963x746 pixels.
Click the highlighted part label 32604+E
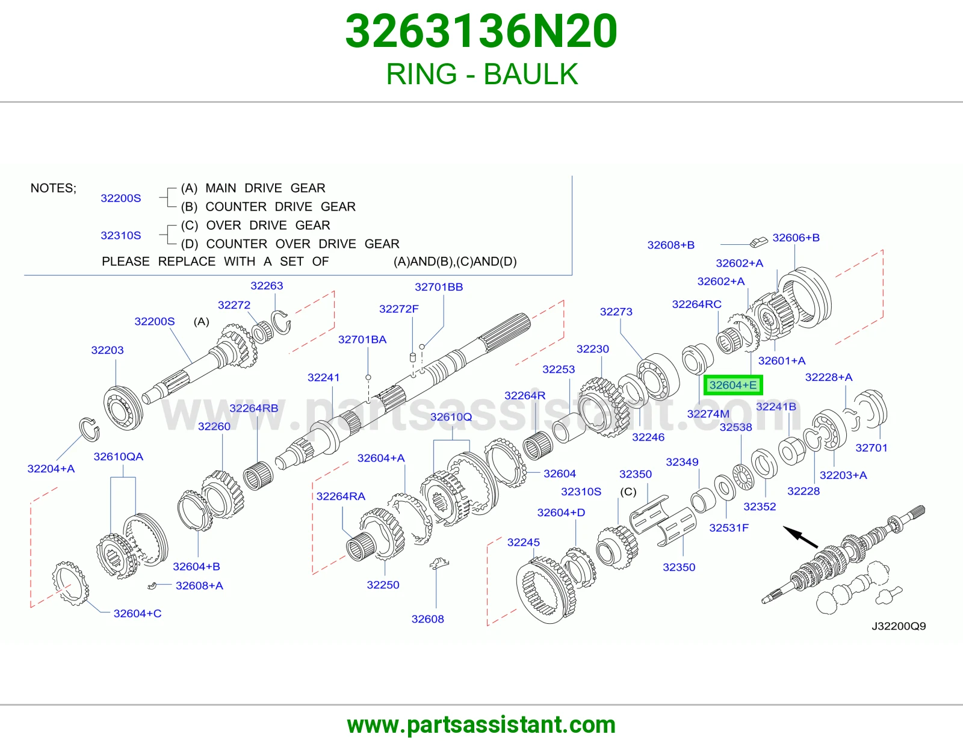tap(733, 385)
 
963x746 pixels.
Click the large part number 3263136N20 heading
tap(482, 31)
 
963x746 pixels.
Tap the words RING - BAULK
tap(482, 74)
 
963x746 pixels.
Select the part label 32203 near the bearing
tap(107, 350)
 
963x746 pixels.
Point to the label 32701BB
tap(439, 287)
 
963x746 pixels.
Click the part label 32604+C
tap(137, 614)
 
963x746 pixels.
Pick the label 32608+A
tap(199, 585)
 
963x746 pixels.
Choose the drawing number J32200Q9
tap(899, 626)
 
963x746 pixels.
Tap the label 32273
tap(616, 312)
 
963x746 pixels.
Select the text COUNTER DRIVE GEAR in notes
tap(280, 207)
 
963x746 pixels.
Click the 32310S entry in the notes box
tap(120, 235)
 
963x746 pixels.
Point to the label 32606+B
tap(796, 238)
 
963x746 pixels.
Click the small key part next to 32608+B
tap(758, 242)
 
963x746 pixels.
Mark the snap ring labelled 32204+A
tap(90, 430)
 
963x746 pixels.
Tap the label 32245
tap(524, 542)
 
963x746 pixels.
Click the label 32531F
tap(728, 528)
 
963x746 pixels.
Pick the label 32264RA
tap(341, 496)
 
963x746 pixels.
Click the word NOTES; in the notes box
tap(53, 188)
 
